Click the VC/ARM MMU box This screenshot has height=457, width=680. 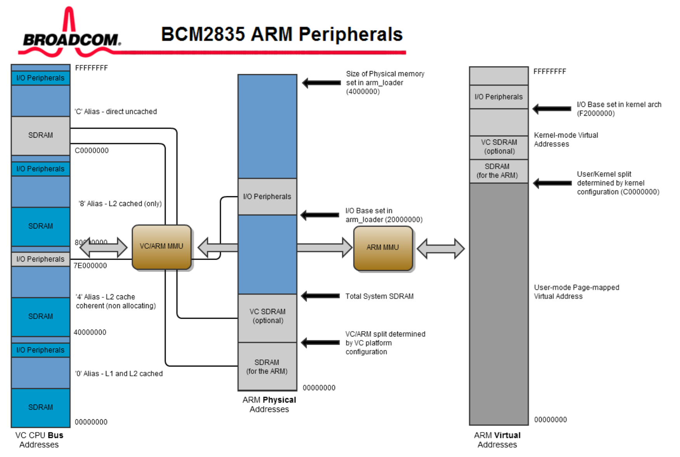click(161, 247)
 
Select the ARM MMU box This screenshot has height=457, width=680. click(383, 248)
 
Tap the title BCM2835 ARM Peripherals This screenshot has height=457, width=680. click(282, 34)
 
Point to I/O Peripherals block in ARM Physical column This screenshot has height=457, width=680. click(267, 197)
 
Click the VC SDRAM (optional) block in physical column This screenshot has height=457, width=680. click(267, 316)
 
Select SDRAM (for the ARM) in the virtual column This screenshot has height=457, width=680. click(498, 171)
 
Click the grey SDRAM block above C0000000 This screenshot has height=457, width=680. click(40, 135)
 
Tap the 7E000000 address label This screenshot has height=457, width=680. click(90, 266)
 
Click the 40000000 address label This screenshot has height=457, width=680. click(90, 332)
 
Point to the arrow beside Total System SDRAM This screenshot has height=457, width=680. click(321, 296)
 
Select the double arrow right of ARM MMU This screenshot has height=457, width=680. click(441, 248)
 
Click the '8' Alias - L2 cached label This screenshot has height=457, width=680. click(120, 204)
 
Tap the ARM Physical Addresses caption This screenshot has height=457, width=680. click(269, 405)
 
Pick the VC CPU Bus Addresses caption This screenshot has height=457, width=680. click(39, 440)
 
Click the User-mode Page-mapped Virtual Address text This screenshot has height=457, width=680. click(576, 292)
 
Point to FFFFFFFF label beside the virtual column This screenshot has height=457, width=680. click(550, 72)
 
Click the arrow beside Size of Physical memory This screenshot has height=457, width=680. click(321, 83)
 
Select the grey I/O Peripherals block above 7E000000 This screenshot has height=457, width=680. click(40, 259)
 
